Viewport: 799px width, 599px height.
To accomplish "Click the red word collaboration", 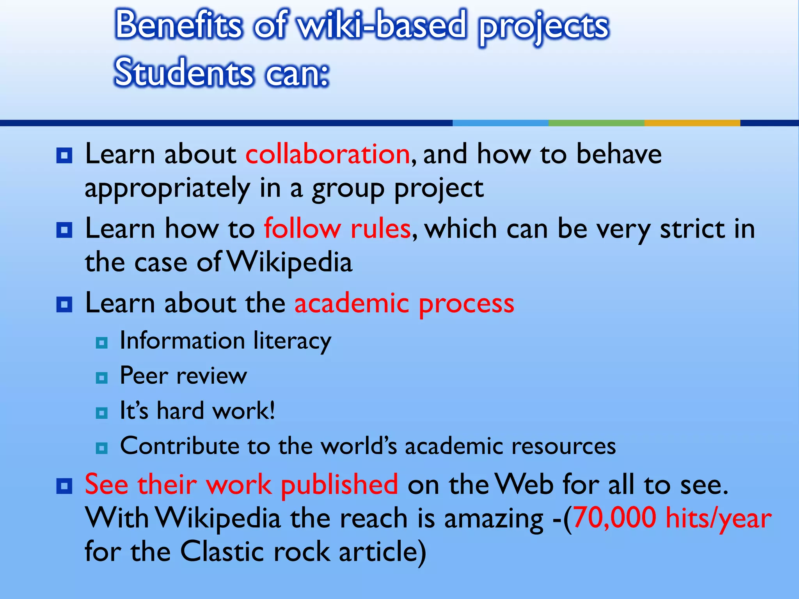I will [327, 154].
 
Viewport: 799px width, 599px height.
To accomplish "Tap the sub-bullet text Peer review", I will [183, 376].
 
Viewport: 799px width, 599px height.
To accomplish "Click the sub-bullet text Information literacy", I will [225, 340].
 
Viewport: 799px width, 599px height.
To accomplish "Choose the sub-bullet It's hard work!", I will [197, 411].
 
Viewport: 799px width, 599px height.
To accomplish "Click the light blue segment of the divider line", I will [500, 123].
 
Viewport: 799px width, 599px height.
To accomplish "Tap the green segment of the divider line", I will [596, 123].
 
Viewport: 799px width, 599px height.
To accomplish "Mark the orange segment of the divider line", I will [692, 123].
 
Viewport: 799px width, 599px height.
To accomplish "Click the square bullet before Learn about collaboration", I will [64, 155].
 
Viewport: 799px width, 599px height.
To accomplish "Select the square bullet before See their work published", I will [64, 486].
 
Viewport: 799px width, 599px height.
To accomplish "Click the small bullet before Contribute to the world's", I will [101, 448].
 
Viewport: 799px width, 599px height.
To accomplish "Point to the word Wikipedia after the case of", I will [289, 262].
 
